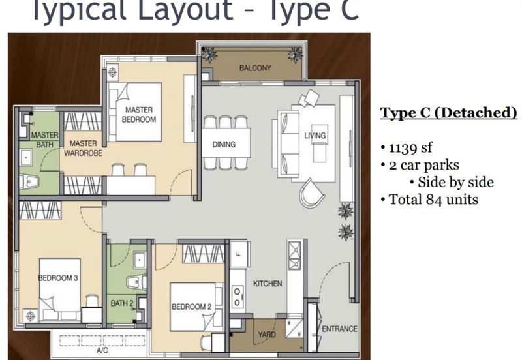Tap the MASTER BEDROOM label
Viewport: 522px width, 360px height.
coord(139,115)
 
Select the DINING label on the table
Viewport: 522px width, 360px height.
coord(224,145)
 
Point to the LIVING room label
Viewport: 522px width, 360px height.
coord(315,136)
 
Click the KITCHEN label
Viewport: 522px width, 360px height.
coord(268,284)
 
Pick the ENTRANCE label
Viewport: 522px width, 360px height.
coord(340,329)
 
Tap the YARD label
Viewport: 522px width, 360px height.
coord(267,335)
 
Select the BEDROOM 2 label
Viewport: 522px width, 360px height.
coord(192,307)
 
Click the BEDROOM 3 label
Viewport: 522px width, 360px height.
coord(58,278)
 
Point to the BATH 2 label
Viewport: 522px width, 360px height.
coord(121,303)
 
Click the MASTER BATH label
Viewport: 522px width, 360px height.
coord(45,139)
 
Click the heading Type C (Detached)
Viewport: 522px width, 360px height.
coord(448,113)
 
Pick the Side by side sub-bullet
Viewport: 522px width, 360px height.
coord(455,182)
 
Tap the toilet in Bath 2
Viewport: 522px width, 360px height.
coord(136,282)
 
